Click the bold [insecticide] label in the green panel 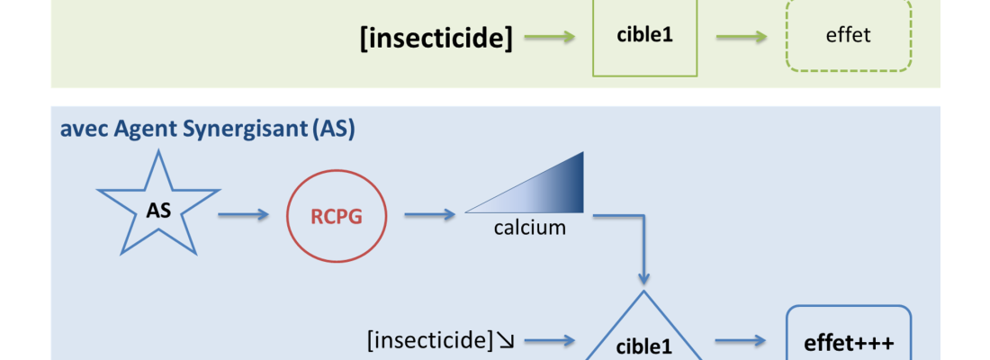[436, 39]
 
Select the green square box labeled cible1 [644, 37]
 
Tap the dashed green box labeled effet [848, 37]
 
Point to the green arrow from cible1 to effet [742, 38]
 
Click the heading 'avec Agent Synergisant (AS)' [207, 129]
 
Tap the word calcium [530, 228]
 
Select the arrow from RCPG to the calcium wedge [429, 214]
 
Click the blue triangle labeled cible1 [643, 337]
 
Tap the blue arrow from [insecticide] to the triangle [549, 340]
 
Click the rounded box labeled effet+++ [849, 337]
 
